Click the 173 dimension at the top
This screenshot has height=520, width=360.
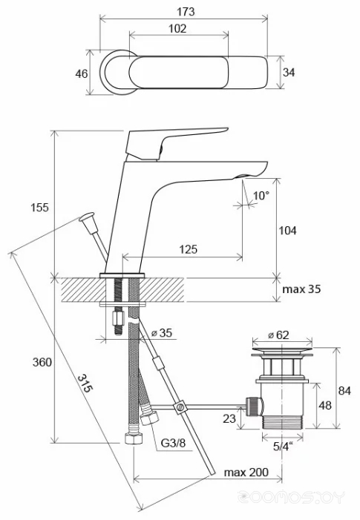coord(186,12)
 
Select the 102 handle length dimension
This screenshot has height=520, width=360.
coord(177,28)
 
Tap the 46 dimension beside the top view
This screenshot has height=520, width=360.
coord(82,73)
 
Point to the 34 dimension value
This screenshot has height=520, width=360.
coord(289,72)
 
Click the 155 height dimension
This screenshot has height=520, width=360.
coord(39,207)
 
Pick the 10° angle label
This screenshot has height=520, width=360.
coord(261,196)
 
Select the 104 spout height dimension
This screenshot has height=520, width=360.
coord(288,230)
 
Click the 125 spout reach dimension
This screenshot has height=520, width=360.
coord(188,249)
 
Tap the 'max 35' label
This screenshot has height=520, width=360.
coord(301,289)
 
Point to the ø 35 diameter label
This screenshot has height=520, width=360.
coord(162,332)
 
